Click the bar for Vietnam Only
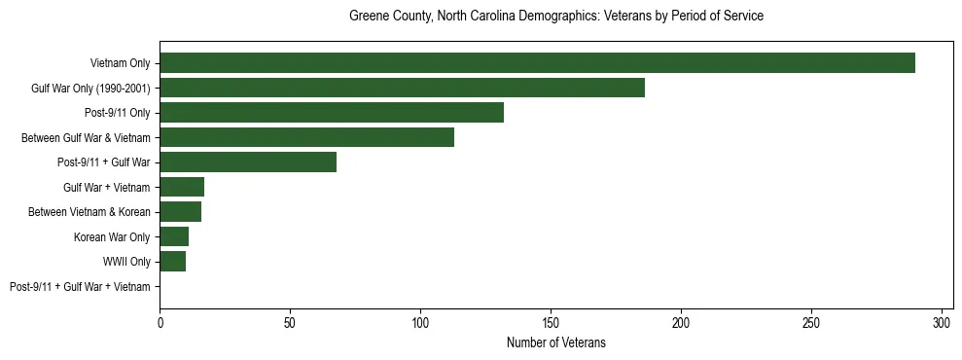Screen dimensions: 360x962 coord(537,63)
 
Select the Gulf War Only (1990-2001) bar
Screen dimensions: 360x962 coord(402,88)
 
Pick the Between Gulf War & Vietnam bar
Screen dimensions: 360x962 coord(306,137)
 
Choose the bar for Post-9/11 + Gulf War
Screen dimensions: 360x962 coord(248,162)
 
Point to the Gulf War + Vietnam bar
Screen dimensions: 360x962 coord(182,187)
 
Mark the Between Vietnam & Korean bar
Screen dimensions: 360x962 coord(180,212)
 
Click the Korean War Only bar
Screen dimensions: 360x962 coord(174,236)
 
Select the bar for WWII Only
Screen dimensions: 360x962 coord(172,262)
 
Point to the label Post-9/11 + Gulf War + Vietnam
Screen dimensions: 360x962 coord(80,287)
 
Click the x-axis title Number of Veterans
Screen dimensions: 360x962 coord(555,342)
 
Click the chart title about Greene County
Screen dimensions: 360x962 coord(555,17)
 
